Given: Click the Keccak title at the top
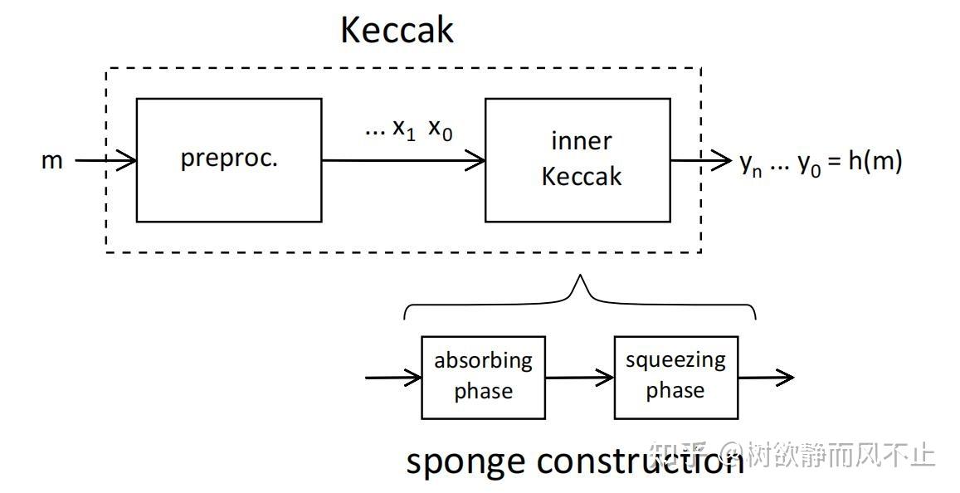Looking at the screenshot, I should point(397,31).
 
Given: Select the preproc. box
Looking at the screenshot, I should point(229,160).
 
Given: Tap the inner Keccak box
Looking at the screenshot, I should point(577,160).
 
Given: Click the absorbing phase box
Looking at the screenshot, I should point(483,377).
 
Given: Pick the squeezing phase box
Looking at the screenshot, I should point(675,377).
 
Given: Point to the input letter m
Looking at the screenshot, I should point(52,160).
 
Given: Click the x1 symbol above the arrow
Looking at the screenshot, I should point(403,129).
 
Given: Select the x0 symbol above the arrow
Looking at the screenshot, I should point(441,129).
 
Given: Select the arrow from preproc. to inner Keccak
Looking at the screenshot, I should point(403,160).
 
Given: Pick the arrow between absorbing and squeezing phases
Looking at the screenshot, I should point(579,378).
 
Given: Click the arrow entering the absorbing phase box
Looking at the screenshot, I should point(393,378).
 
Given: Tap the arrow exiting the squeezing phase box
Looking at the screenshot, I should point(766,378).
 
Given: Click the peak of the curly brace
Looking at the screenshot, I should point(580,281).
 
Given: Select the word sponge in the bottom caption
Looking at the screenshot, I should point(467,461).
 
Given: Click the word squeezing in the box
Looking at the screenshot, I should point(675,360).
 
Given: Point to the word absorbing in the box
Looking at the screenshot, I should point(483,360).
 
